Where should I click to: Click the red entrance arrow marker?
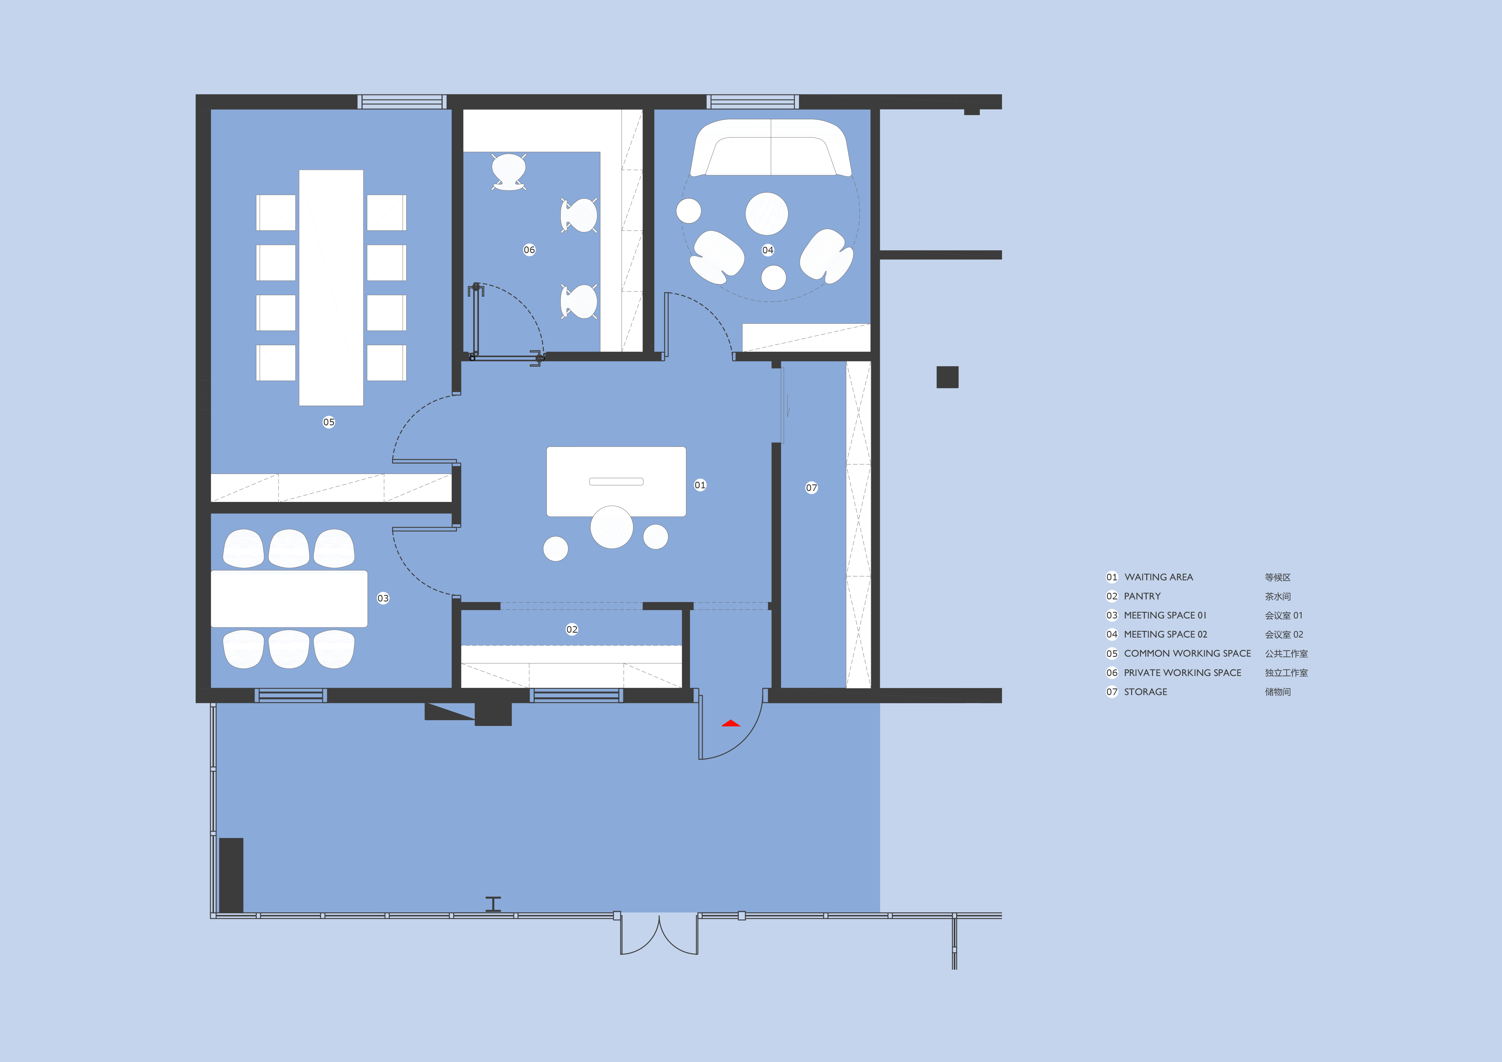point(731,723)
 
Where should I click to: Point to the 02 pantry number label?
point(572,629)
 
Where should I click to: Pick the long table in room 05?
point(331,288)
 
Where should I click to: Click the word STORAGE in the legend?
point(1145,692)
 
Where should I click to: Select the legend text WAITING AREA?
point(1159,577)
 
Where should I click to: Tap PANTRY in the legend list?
point(1142,596)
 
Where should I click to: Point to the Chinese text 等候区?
point(1278,577)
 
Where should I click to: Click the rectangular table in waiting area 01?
point(616,482)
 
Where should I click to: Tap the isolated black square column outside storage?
point(947,377)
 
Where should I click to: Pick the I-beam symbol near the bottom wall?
point(493,904)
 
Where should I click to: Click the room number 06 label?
point(529,250)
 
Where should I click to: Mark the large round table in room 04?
point(767,214)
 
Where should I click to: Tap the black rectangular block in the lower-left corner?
point(231,875)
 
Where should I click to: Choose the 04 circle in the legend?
point(1112,634)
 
